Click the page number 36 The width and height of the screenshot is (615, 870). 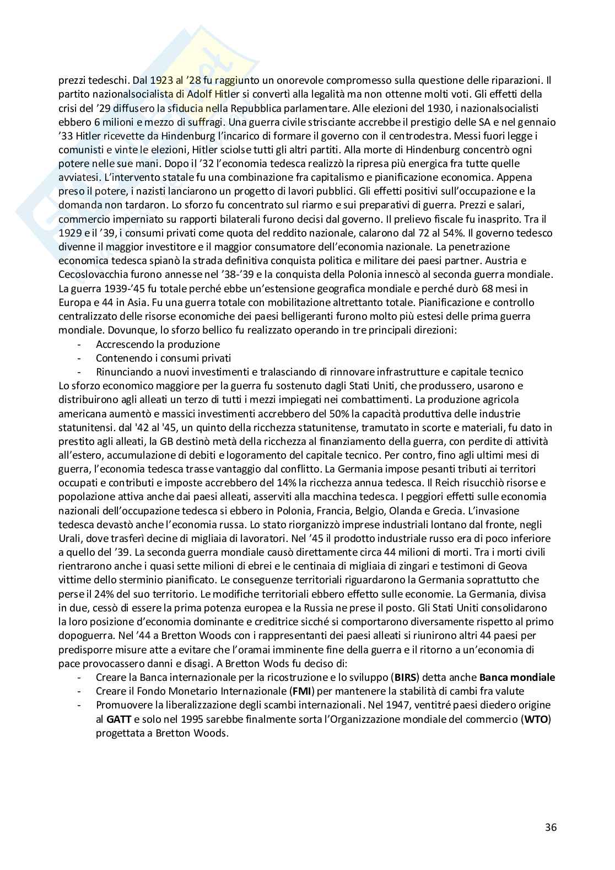point(550,828)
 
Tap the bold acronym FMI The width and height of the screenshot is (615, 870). point(297,691)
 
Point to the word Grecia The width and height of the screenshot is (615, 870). point(503,511)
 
